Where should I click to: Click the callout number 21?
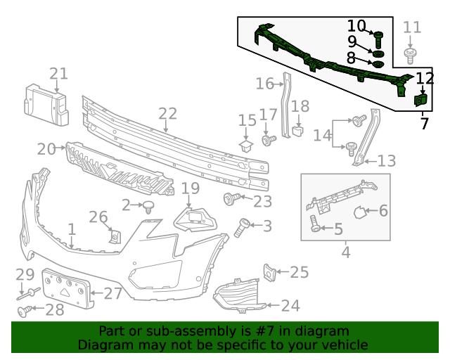coord(59,73)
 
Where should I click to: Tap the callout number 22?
coord(167,114)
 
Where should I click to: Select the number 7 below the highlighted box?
coord(424,124)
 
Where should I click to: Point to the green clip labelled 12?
coord(423,100)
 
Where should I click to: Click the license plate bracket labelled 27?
coord(67,287)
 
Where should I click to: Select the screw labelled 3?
coord(241,226)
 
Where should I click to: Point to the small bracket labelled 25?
coord(270,271)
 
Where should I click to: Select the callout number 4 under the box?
coord(346,252)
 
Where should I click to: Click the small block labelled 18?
coord(297,129)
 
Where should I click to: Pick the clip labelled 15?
coord(245,146)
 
